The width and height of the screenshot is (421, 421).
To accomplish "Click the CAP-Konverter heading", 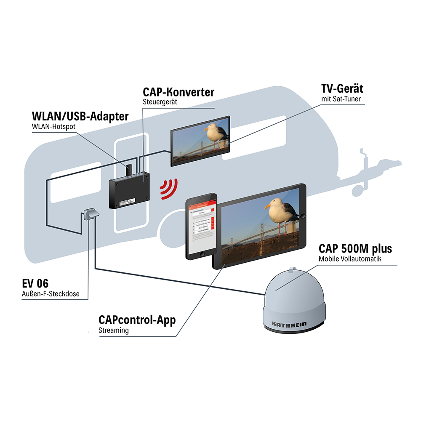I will (179, 92).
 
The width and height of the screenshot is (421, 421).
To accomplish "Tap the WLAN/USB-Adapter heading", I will (80, 116).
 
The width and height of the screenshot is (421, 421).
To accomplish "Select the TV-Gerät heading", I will (341, 89).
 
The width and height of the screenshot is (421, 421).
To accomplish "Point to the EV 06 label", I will (35, 283).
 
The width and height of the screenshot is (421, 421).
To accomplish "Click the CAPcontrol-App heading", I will (137, 320).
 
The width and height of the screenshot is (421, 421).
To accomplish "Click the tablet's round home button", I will (303, 216).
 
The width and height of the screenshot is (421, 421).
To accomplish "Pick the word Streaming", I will (113, 330).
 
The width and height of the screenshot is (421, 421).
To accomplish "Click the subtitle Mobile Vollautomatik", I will (349, 259).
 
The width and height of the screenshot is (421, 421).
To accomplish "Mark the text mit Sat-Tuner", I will (341, 99).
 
